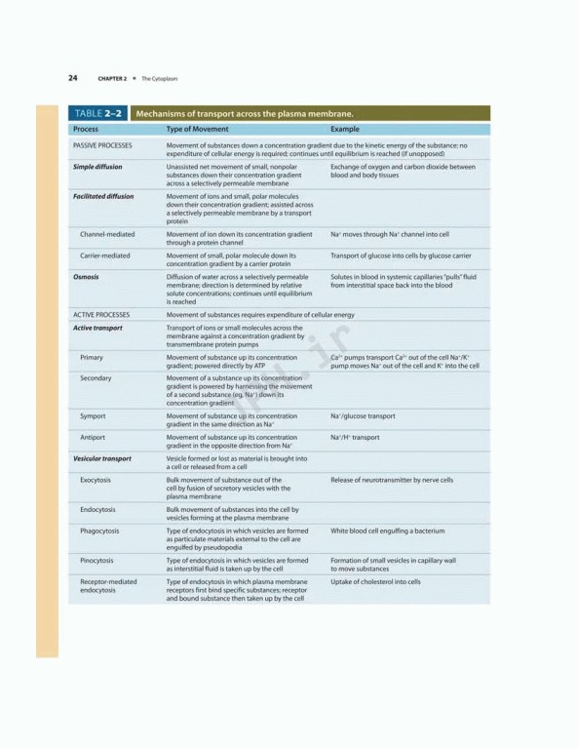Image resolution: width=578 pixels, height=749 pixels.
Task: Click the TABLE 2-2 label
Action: pos(97,113)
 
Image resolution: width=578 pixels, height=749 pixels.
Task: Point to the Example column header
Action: pos(345,129)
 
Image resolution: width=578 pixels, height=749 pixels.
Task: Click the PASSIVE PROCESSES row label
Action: pos(102,145)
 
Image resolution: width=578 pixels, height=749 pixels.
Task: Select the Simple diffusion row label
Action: pos(97,167)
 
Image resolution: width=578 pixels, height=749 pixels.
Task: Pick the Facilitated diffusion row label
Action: pos(103,196)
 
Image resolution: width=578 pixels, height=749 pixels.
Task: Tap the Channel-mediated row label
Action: pos(107,234)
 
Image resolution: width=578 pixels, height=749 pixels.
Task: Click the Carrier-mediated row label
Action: pos(105,256)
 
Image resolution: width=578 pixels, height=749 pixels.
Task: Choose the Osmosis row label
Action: pos(86,277)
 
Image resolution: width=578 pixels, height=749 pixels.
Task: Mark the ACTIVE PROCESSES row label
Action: pos(101,315)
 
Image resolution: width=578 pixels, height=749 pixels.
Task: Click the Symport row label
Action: pos(93,416)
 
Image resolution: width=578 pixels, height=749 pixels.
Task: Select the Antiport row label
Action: pos(93,437)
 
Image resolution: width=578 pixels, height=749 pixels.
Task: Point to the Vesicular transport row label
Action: pos(102,458)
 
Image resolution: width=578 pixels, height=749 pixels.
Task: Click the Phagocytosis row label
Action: pos(101,531)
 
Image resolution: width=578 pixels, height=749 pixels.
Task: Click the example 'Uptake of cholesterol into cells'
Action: pos(375,581)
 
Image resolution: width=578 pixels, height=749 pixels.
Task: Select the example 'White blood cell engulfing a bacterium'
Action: pos(387,531)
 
